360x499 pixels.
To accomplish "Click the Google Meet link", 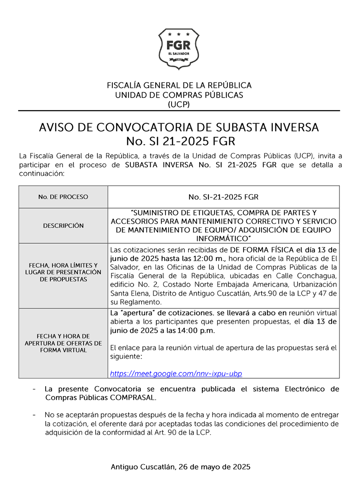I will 176,373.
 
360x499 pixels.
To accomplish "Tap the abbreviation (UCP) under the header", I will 179,104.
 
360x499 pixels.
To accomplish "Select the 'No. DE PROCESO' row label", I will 63,197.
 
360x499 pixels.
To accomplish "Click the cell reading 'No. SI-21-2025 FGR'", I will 223,197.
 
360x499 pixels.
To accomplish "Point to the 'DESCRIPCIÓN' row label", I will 63,226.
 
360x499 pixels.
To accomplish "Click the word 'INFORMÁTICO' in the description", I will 223,239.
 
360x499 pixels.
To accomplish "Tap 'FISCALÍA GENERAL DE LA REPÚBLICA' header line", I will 179,85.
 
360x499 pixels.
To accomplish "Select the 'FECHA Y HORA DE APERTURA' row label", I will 63,343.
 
